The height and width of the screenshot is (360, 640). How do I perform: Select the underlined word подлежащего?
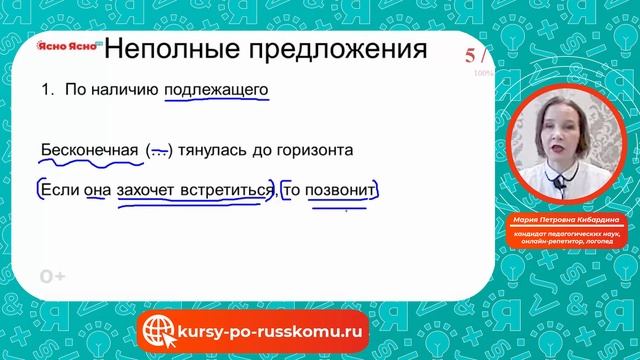tap(217, 91)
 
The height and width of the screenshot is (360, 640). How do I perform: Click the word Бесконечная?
tap(88, 151)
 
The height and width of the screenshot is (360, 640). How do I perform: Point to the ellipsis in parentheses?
tap(159, 151)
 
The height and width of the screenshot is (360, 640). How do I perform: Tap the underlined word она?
tap(96, 188)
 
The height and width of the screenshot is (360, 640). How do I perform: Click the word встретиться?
tap(225, 188)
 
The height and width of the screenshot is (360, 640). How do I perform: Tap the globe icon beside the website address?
tap(160, 328)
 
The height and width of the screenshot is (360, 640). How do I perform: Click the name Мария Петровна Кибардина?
tap(568, 224)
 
